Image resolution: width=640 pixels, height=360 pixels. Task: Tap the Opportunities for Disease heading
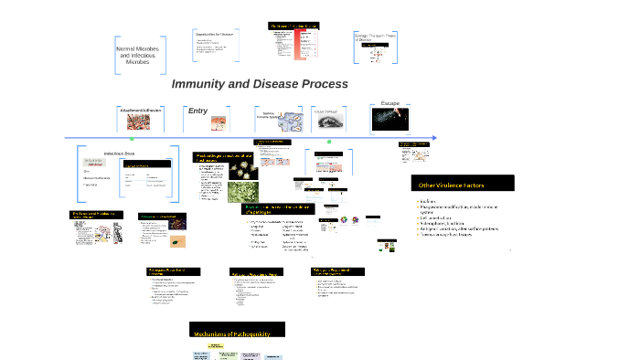click(x=215, y=34)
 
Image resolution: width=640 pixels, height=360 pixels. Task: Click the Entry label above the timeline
click(x=197, y=111)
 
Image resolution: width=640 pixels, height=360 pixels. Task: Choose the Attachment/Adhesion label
click(x=141, y=111)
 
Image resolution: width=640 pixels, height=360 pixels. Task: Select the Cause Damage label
click(x=327, y=111)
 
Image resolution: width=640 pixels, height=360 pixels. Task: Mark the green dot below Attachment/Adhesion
click(x=141, y=143)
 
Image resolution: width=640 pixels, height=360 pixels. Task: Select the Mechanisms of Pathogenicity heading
click(x=236, y=334)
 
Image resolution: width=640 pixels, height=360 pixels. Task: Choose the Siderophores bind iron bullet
click(x=448, y=221)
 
